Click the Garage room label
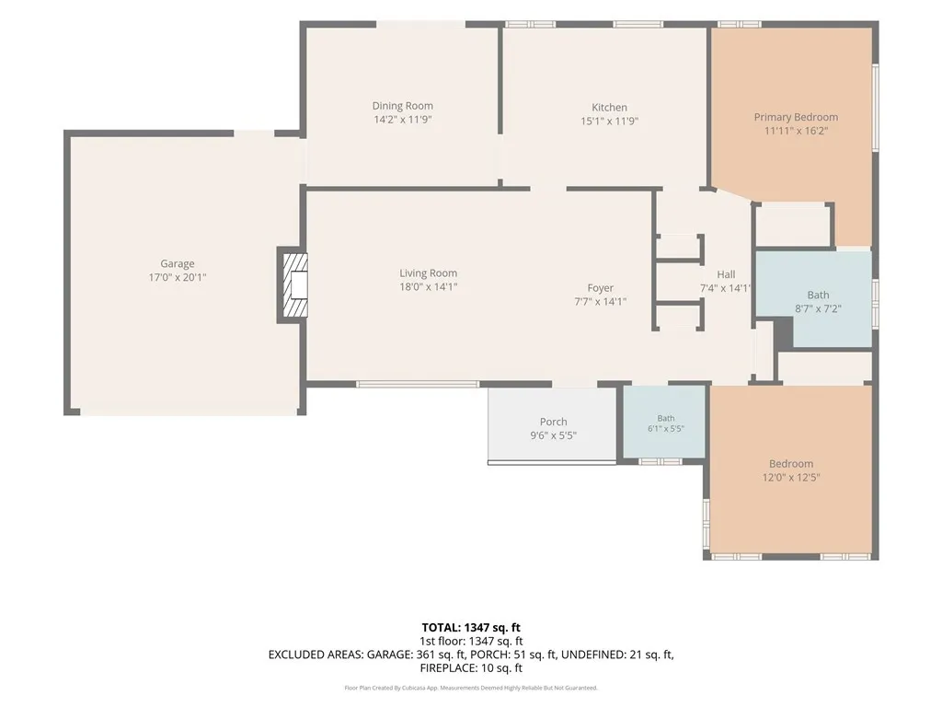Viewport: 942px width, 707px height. point(178,263)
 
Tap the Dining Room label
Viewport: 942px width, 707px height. point(403,106)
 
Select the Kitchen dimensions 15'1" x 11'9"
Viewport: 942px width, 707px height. point(609,121)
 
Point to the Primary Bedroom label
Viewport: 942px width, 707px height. point(796,117)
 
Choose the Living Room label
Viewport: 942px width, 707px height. point(429,272)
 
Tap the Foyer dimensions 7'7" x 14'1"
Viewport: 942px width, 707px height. point(600,302)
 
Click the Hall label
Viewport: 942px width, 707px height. point(726,274)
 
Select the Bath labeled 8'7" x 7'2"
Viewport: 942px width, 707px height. point(818,295)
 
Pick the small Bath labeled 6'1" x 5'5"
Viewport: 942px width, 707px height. point(666,418)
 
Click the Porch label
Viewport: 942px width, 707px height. point(553,422)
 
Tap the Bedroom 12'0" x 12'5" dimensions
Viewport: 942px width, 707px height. point(791,478)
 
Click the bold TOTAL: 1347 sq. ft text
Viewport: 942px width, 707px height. point(471,628)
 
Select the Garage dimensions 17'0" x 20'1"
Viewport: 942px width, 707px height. point(178,277)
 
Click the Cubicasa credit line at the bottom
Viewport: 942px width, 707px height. point(471,688)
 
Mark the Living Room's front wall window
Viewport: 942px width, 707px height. point(419,384)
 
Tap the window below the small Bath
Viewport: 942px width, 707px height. point(660,462)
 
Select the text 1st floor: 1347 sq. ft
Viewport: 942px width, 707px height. point(471,642)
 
